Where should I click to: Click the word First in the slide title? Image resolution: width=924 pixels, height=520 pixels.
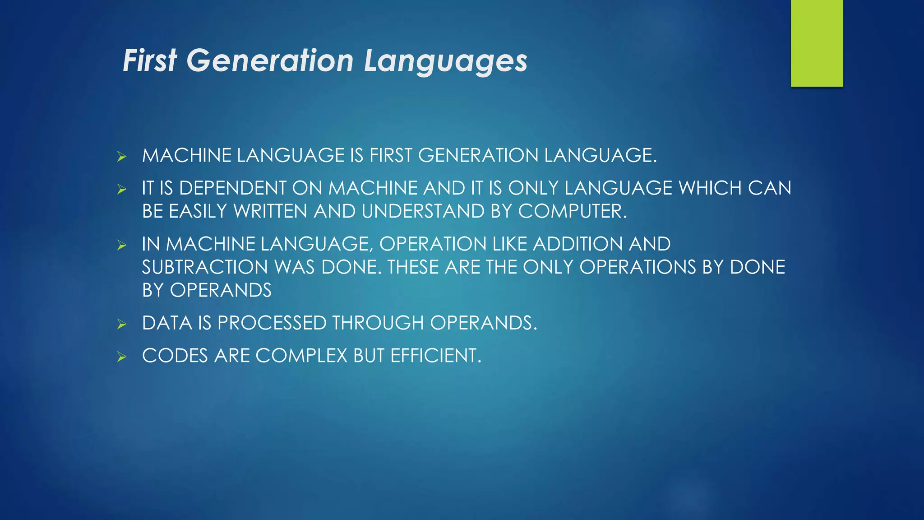tap(150, 60)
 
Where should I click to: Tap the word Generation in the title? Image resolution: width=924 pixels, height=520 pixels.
tap(270, 60)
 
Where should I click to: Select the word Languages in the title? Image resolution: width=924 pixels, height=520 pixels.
tap(445, 61)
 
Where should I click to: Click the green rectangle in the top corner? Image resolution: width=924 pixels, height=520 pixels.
tap(817, 43)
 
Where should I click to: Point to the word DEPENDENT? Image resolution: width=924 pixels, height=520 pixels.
tap(233, 188)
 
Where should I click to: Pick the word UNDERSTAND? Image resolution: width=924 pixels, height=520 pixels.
tap(423, 212)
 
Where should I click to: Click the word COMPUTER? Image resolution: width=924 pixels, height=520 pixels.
tap(572, 212)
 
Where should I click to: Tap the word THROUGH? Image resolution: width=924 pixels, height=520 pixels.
tap(378, 323)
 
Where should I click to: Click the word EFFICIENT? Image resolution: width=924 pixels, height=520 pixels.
tap(435, 356)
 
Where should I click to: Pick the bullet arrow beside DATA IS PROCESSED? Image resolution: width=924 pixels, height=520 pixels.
tap(121, 324)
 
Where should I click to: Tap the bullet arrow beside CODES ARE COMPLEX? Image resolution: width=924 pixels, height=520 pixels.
tap(121, 357)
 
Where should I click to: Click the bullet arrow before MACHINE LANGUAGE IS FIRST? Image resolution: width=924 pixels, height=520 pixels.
tap(121, 157)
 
